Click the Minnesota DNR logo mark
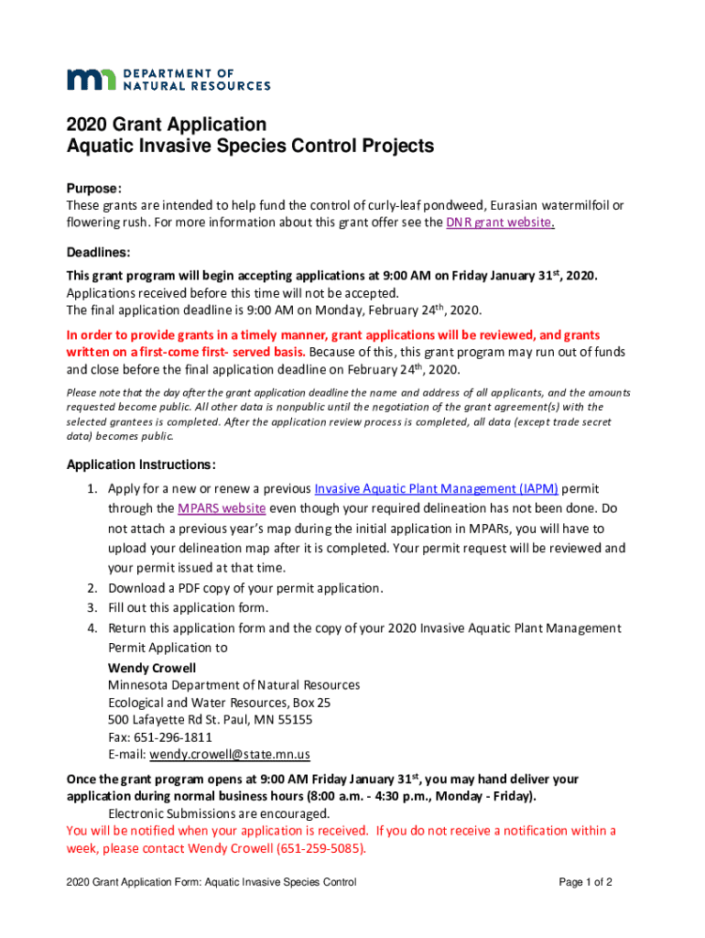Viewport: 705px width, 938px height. point(89,79)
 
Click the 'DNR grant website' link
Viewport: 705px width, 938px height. point(499,223)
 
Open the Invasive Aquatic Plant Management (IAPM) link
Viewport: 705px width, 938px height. point(436,488)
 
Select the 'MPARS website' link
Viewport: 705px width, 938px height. point(222,508)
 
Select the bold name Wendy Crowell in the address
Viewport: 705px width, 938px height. point(152,668)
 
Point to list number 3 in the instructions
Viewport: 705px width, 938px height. point(92,607)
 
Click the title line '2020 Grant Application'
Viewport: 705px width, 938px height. point(166,125)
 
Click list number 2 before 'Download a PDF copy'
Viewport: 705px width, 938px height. point(92,588)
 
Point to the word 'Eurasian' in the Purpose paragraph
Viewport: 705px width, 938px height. point(518,205)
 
